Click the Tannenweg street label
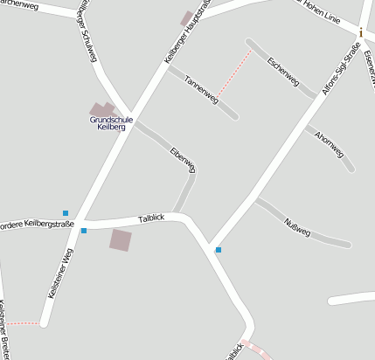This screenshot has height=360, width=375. (201, 91)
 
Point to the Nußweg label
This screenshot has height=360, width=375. (298, 225)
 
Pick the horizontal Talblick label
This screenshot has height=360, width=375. (151, 218)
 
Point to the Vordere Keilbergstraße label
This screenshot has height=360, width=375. (35, 225)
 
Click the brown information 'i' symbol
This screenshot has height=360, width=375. (360, 32)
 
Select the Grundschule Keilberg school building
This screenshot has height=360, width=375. (103, 109)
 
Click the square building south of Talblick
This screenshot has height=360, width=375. (121, 239)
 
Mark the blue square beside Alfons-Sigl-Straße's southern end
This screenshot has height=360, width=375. (219, 251)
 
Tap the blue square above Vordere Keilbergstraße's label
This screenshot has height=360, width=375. (66, 212)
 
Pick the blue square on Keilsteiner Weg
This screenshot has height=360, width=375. (84, 231)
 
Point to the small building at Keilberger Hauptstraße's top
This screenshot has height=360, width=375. (186, 17)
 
